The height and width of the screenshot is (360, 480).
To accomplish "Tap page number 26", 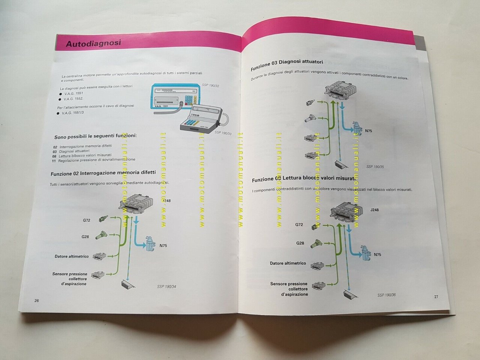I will (x=36, y=300).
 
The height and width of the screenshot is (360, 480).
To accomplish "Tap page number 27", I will (x=436, y=297).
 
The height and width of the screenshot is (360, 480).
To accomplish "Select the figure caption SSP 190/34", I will (x=166, y=286).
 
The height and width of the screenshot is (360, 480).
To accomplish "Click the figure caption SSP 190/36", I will (x=386, y=295).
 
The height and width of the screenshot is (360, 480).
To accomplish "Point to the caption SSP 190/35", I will (x=375, y=166).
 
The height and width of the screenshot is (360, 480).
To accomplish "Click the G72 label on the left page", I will (x=87, y=220).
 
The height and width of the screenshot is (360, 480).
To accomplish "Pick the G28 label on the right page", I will (x=300, y=243).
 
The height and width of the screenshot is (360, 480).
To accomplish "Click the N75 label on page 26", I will (x=163, y=246).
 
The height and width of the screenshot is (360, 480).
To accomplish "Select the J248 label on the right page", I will (x=374, y=210).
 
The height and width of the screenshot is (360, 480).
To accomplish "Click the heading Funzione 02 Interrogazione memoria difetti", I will (x=103, y=173).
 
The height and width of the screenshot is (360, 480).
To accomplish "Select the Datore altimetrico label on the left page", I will (x=72, y=256).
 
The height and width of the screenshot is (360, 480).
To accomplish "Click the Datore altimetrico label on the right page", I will (x=288, y=263).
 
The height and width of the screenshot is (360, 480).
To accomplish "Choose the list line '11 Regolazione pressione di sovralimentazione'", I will (x=94, y=160).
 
